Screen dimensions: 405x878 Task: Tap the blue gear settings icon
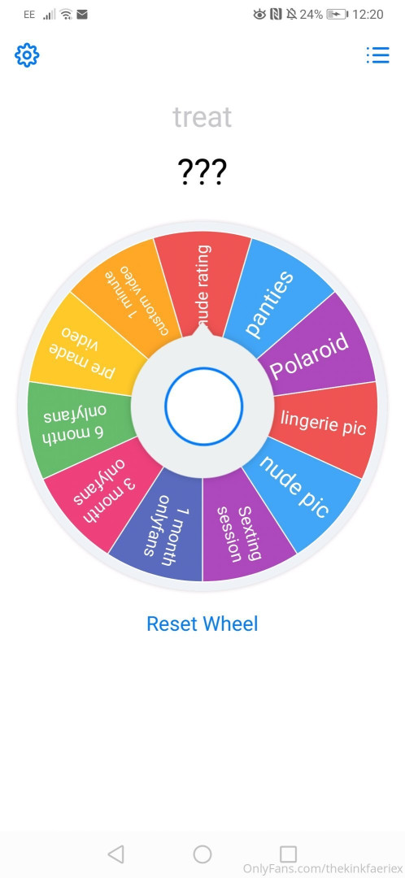click(x=27, y=55)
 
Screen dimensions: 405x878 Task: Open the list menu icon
click(x=377, y=55)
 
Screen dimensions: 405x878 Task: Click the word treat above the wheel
click(x=202, y=117)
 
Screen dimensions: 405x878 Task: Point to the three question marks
click(x=202, y=172)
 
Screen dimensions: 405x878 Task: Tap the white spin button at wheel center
click(x=203, y=406)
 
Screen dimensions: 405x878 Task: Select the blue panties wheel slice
click(x=275, y=297)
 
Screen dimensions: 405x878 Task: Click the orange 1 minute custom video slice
click(x=132, y=297)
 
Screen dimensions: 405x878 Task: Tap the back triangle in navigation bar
click(x=115, y=854)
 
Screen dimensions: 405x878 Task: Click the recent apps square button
click(x=288, y=854)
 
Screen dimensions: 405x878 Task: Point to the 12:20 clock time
click(x=368, y=15)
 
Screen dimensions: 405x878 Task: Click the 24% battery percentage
click(x=311, y=15)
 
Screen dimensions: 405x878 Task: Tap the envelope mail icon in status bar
click(x=82, y=15)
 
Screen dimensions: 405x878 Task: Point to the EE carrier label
click(x=29, y=15)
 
